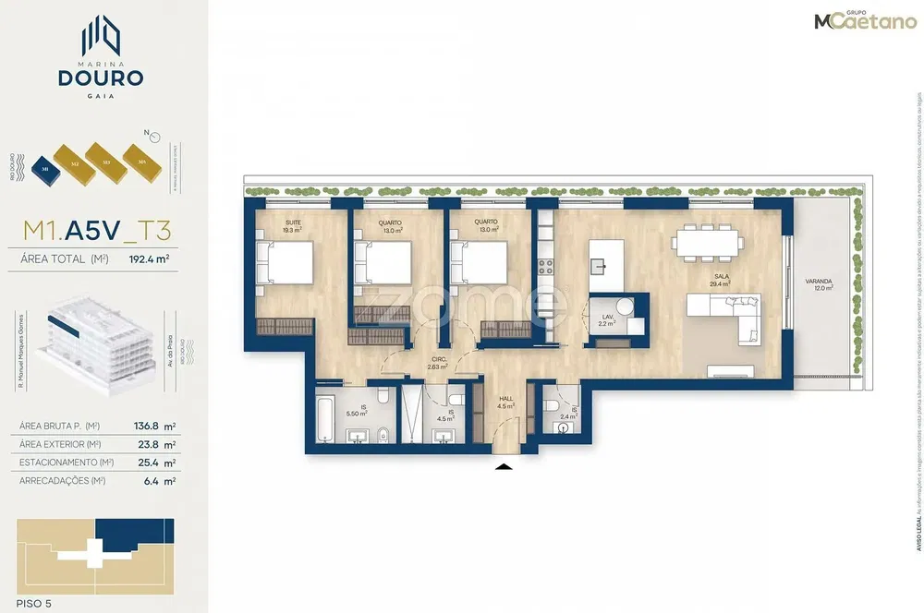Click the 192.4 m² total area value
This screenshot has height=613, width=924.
149,259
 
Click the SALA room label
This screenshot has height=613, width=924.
721,276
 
